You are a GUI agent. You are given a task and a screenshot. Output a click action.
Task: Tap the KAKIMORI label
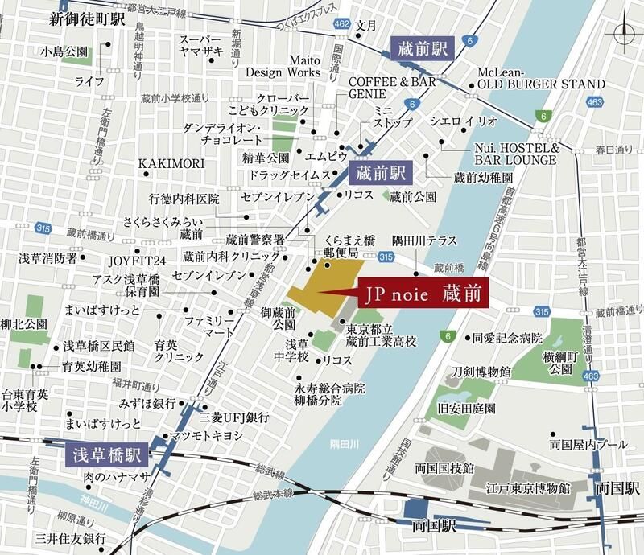pyautogui.click(x=171, y=164)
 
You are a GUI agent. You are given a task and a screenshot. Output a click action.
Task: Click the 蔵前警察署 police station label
pyautogui.click(x=255, y=240)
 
